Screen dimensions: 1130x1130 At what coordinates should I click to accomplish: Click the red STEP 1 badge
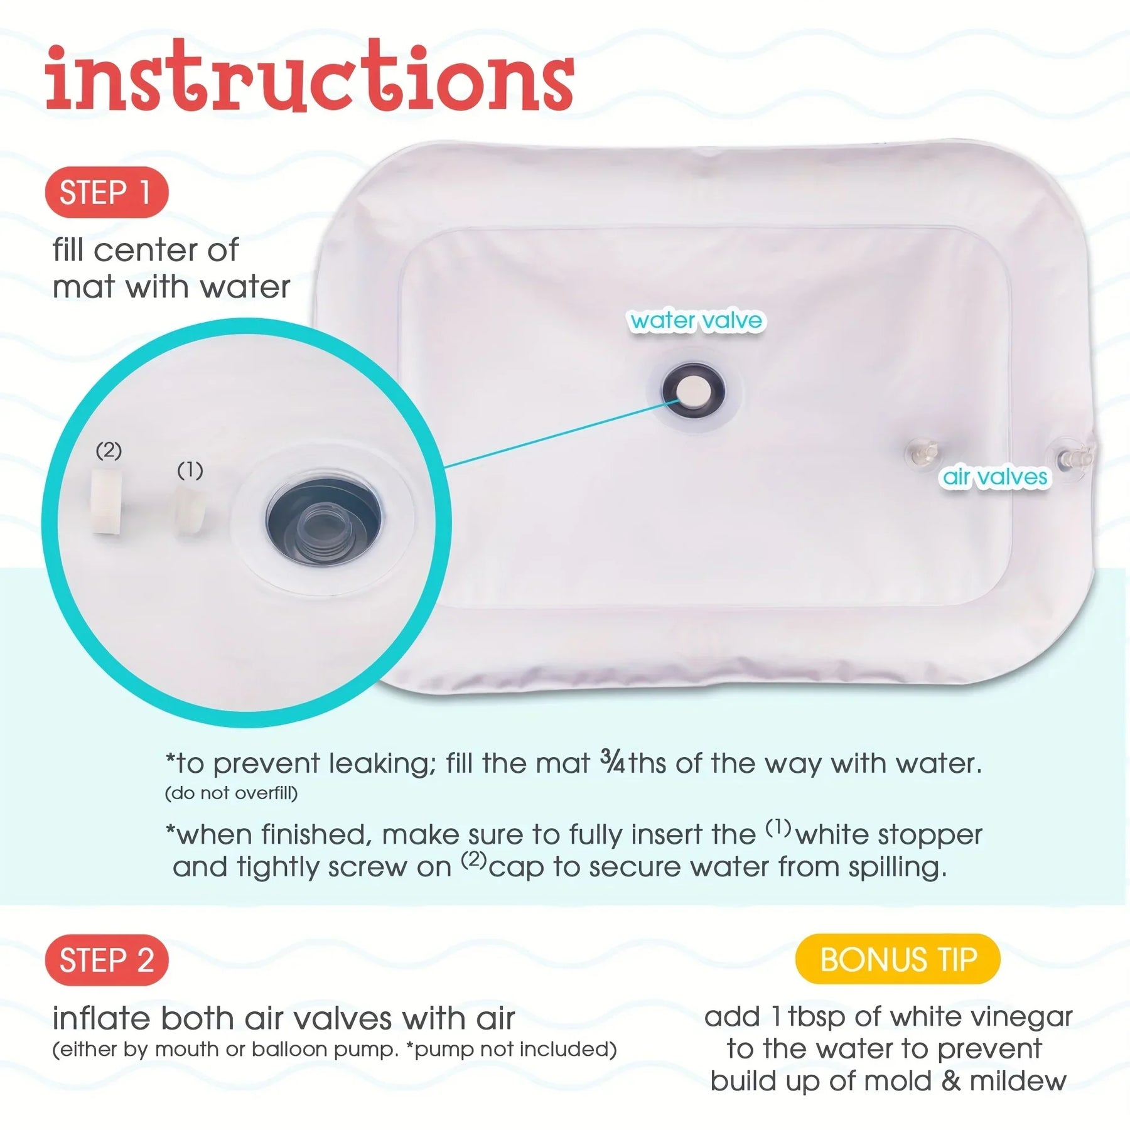(x=107, y=192)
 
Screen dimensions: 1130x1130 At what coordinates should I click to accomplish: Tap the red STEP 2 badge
(x=107, y=960)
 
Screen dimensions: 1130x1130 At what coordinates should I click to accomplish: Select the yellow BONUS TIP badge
(x=898, y=959)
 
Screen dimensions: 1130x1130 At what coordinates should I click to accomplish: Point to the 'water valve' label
(x=696, y=321)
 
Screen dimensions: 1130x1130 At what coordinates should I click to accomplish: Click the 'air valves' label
(x=995, y=477)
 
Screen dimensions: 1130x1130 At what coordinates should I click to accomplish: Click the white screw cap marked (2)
(x=107, y=502)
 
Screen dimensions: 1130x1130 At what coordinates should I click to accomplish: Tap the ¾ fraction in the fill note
(x=613, y=761)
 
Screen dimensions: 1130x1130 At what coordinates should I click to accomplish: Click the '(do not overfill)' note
(x=231, y=794)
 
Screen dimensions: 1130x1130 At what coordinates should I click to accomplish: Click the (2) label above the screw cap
(x=109, y=450)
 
